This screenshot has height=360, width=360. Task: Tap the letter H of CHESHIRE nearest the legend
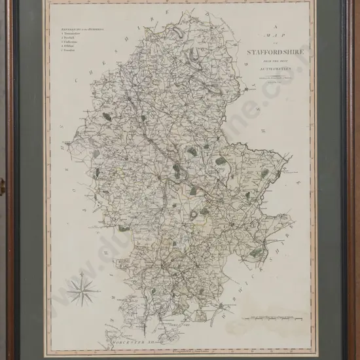[x=73, y=84]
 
